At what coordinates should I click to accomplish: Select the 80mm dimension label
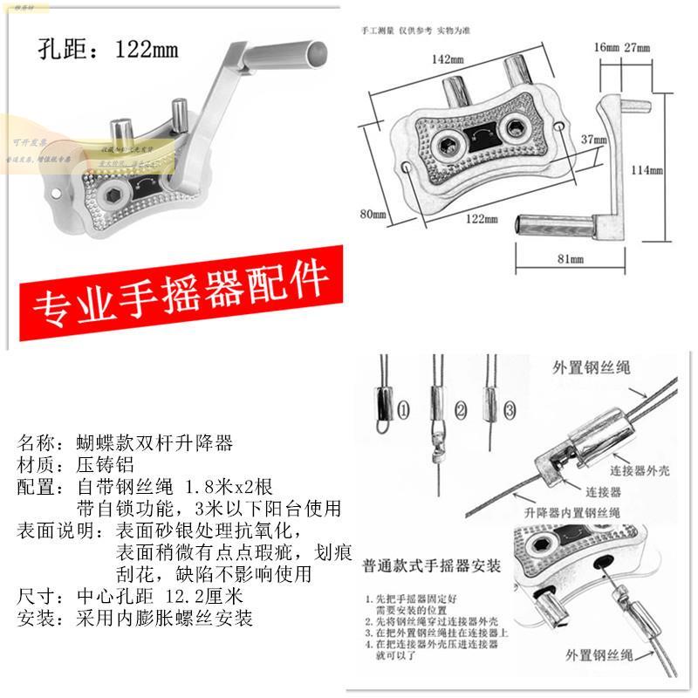pos(373,211)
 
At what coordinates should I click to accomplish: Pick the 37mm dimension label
pos(594,139)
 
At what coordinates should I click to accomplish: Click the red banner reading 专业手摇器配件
pos(181,294)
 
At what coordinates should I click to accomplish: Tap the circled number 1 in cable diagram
pos(402,408)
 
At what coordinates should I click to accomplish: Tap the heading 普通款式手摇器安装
pos(432,566)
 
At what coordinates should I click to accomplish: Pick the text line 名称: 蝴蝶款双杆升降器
pos(126,442)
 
